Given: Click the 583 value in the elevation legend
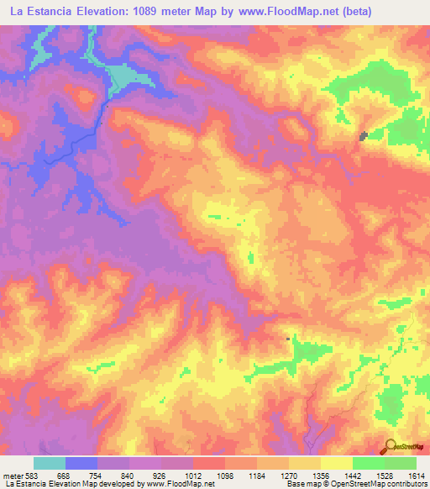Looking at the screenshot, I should (x=28, y=476).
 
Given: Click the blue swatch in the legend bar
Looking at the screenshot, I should (x=81, y=463).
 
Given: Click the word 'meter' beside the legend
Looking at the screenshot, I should (x=10, y=476).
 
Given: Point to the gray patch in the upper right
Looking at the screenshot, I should (x=364, y=136).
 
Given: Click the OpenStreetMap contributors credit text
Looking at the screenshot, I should (x=386, y=485).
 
